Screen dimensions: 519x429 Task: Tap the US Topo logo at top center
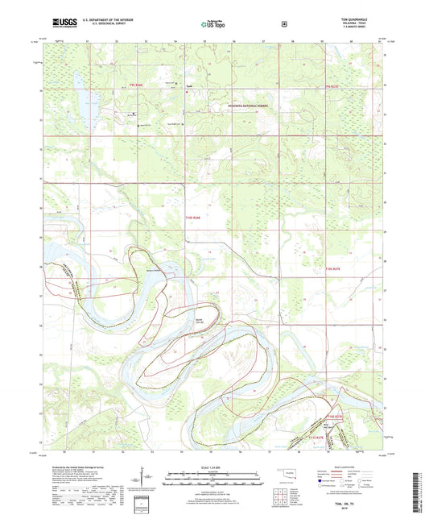coord(214,25)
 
